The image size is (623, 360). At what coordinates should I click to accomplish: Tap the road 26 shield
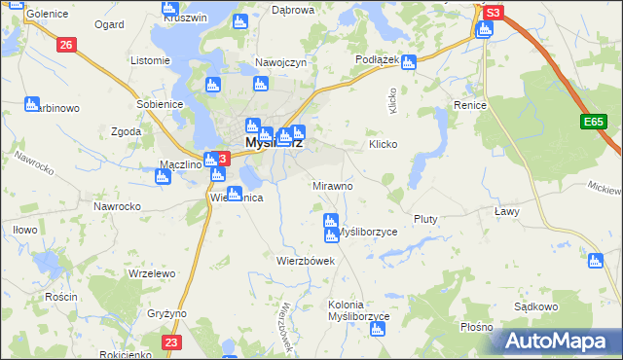coord(66,45)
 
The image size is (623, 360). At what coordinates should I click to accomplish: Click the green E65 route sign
coord(595,122)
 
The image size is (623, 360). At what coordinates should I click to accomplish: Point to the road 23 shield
coord(172,342)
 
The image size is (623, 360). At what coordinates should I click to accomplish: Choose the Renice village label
coord(469,103)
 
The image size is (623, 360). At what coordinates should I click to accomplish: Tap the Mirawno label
coord(332,185)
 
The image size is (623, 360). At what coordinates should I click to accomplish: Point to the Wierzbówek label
coord(306,261)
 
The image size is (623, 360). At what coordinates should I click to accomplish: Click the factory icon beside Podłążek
coord(409,62)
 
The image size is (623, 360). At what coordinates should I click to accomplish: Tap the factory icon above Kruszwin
coord(166,6)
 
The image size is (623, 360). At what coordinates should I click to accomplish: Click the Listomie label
coord(150,60)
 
